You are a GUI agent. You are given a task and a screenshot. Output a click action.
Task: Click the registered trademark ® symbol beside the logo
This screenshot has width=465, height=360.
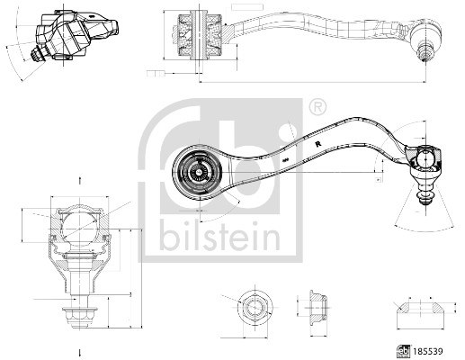(x=316, y=107)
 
